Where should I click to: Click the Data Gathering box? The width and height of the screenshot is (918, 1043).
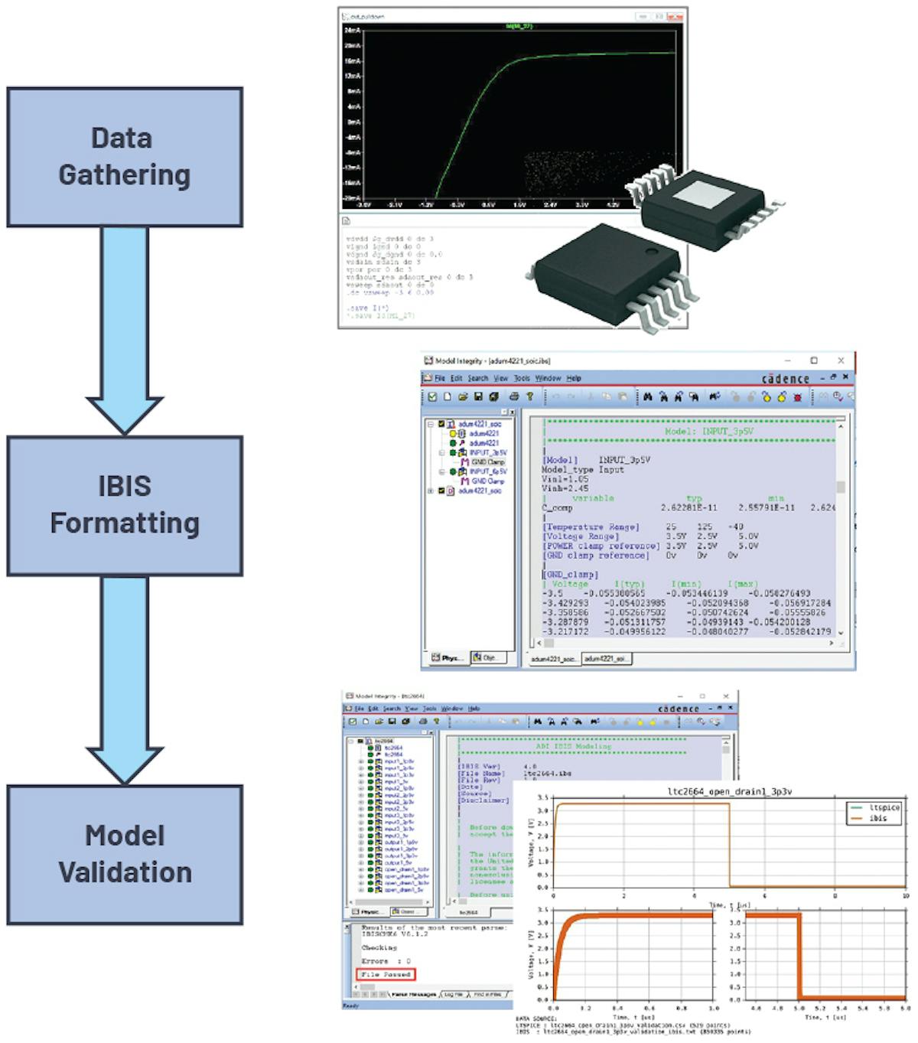(x=125, y=157)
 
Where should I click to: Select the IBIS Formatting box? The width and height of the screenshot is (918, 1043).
(x=125, y=506)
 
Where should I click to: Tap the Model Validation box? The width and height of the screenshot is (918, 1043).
(x=125, y=854)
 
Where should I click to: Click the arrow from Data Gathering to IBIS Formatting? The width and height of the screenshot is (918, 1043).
(x=125, y=329)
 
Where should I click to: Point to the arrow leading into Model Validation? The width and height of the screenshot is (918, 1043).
(x=125, y=677)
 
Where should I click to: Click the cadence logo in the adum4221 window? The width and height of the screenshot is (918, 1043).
(x=785, y=379)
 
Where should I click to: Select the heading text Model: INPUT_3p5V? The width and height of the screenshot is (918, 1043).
(x=708, y=432)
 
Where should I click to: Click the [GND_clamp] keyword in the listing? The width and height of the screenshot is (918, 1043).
(x=571, y=575)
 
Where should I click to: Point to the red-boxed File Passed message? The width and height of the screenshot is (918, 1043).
(x=386, y=974)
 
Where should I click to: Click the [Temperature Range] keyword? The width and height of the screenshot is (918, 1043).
(x=591, y=527)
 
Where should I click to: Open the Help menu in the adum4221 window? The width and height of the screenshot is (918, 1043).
(x=574, y=378)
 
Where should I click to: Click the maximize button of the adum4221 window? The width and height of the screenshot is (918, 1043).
(x=814, y=360)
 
